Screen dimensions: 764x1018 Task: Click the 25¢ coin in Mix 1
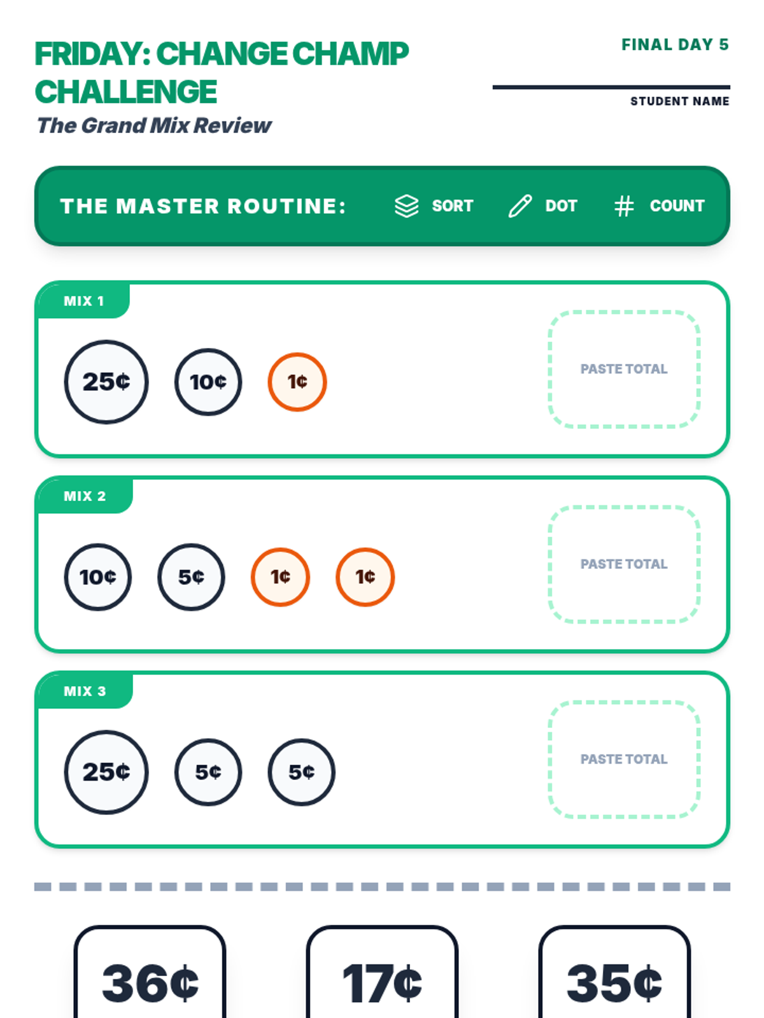tap(106, 382)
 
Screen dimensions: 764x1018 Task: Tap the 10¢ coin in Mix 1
tap(208, 382)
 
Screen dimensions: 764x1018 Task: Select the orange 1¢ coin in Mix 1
tap(297, 382)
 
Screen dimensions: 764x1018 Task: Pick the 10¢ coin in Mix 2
tap(98, 577)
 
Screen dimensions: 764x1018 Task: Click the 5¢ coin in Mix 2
tap(191, 577)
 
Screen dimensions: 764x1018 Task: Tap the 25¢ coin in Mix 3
tap(106, 772)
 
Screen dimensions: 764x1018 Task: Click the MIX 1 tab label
tap(83, 301)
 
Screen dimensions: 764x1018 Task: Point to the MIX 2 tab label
tap(85, 496)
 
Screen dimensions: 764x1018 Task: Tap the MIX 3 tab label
tap(85, 692)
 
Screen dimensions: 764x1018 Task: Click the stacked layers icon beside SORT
tap(406, 206)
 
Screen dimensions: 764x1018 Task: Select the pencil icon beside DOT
tap(520, 206)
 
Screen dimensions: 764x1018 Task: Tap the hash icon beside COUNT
tap(624, 206)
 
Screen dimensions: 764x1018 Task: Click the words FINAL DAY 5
tap(675, 45)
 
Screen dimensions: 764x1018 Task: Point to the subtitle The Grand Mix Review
tap(154, 125)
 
